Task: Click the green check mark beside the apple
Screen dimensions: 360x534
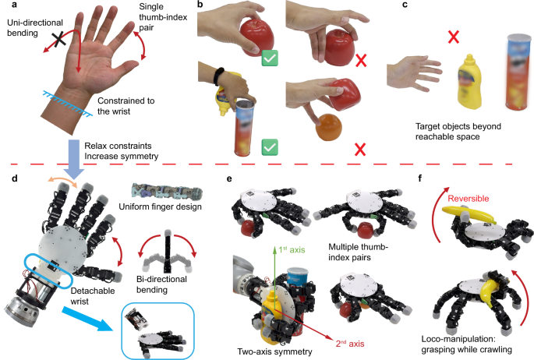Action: (x=270, y=57)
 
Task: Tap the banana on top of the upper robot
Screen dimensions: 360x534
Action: (x=460, y=209)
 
